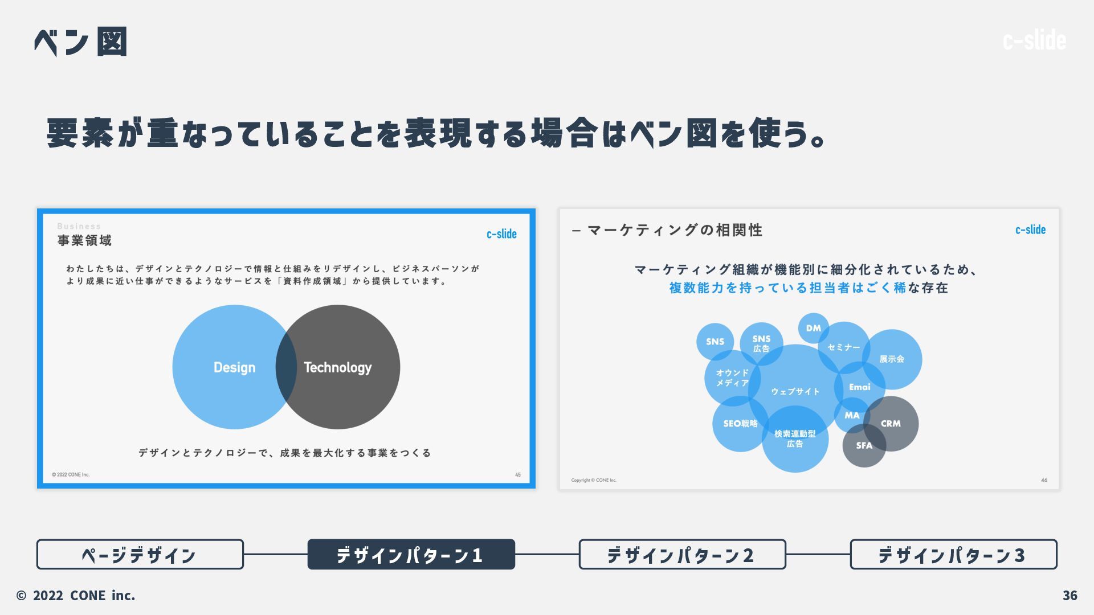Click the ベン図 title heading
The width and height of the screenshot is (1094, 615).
pos(80,42)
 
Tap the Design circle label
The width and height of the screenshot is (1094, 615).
pos(234,368)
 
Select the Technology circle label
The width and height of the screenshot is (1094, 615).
pos(338,368)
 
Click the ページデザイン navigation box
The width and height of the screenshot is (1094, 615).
pos(140,555)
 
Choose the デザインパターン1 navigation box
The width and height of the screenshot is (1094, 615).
pos(411,555)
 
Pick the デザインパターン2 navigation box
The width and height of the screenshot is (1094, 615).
pos(682,555)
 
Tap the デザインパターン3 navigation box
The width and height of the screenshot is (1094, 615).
pos(953,555)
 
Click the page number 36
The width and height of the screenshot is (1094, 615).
pos(1069,596)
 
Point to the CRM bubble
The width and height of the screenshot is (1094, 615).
pos(891,424)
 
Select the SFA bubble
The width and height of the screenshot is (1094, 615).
pos(864,446)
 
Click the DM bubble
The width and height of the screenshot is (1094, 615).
pos(813,328)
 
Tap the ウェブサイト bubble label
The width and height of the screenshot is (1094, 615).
pos(795,392)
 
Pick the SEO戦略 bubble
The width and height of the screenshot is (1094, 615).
pos(740,424)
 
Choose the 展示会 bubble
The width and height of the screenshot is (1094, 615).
pos(892,359)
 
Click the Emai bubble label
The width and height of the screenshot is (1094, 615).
pos(859,387)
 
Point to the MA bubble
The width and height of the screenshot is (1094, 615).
pos(852,416)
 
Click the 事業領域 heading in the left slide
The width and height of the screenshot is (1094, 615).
pos(84,240)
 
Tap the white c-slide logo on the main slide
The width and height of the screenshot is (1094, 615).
pos(1034,40)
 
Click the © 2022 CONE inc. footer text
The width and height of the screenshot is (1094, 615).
pos(76,596)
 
